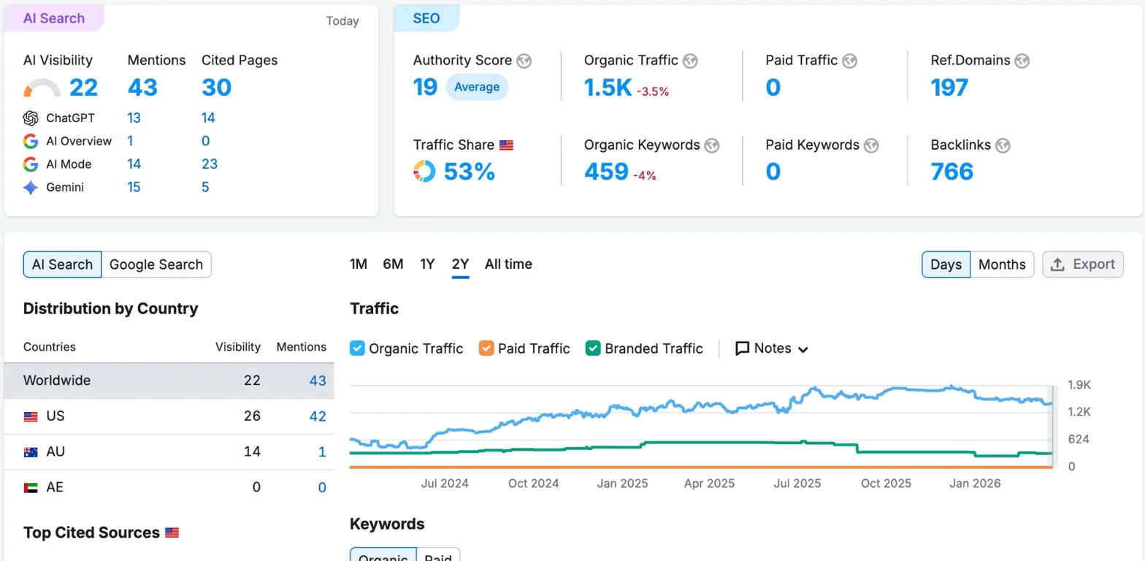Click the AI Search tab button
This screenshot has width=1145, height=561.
click(x=62, y=264)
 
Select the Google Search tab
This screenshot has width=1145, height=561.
click(x=156, y=264)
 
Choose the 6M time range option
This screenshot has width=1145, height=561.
click(x=393, y=264)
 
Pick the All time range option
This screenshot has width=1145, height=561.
click(x=508, y=264)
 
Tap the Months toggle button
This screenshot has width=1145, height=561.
click(x=1002, y=264)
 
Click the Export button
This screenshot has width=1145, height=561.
click(x=1083, y=264)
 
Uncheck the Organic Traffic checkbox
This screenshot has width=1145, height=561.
click(x=357, y=348)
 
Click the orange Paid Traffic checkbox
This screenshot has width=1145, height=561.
click(x=486, y=348)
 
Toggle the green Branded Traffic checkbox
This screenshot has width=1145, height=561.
click(x=593, y=348)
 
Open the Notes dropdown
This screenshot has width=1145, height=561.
click(x=773, y=348)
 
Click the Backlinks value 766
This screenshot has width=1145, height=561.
click(x=952, y=172)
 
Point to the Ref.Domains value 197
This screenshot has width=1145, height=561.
click(x=949, y=88)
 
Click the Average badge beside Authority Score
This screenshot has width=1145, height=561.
click(x=477, y=87)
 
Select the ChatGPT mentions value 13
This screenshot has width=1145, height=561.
click(x=134, y=118)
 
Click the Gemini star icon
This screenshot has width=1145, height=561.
click(x=31, y=188)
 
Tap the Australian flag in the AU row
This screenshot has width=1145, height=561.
click(x=31, y=452)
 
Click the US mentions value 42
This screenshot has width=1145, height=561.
click(x=317, y=416)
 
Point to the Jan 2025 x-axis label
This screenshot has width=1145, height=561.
click(x=623, y=484)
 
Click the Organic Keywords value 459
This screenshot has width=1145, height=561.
click(x=606, y=172)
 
